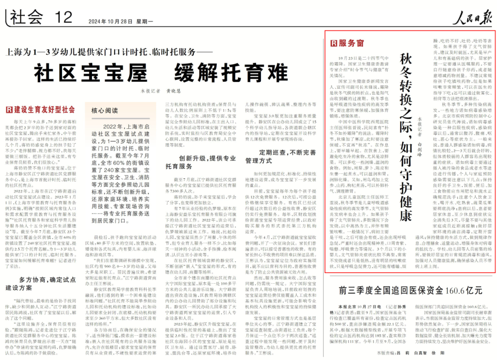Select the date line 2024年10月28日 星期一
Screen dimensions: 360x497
(114, 21)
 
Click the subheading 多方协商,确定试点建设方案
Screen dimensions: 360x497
(42, 284)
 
